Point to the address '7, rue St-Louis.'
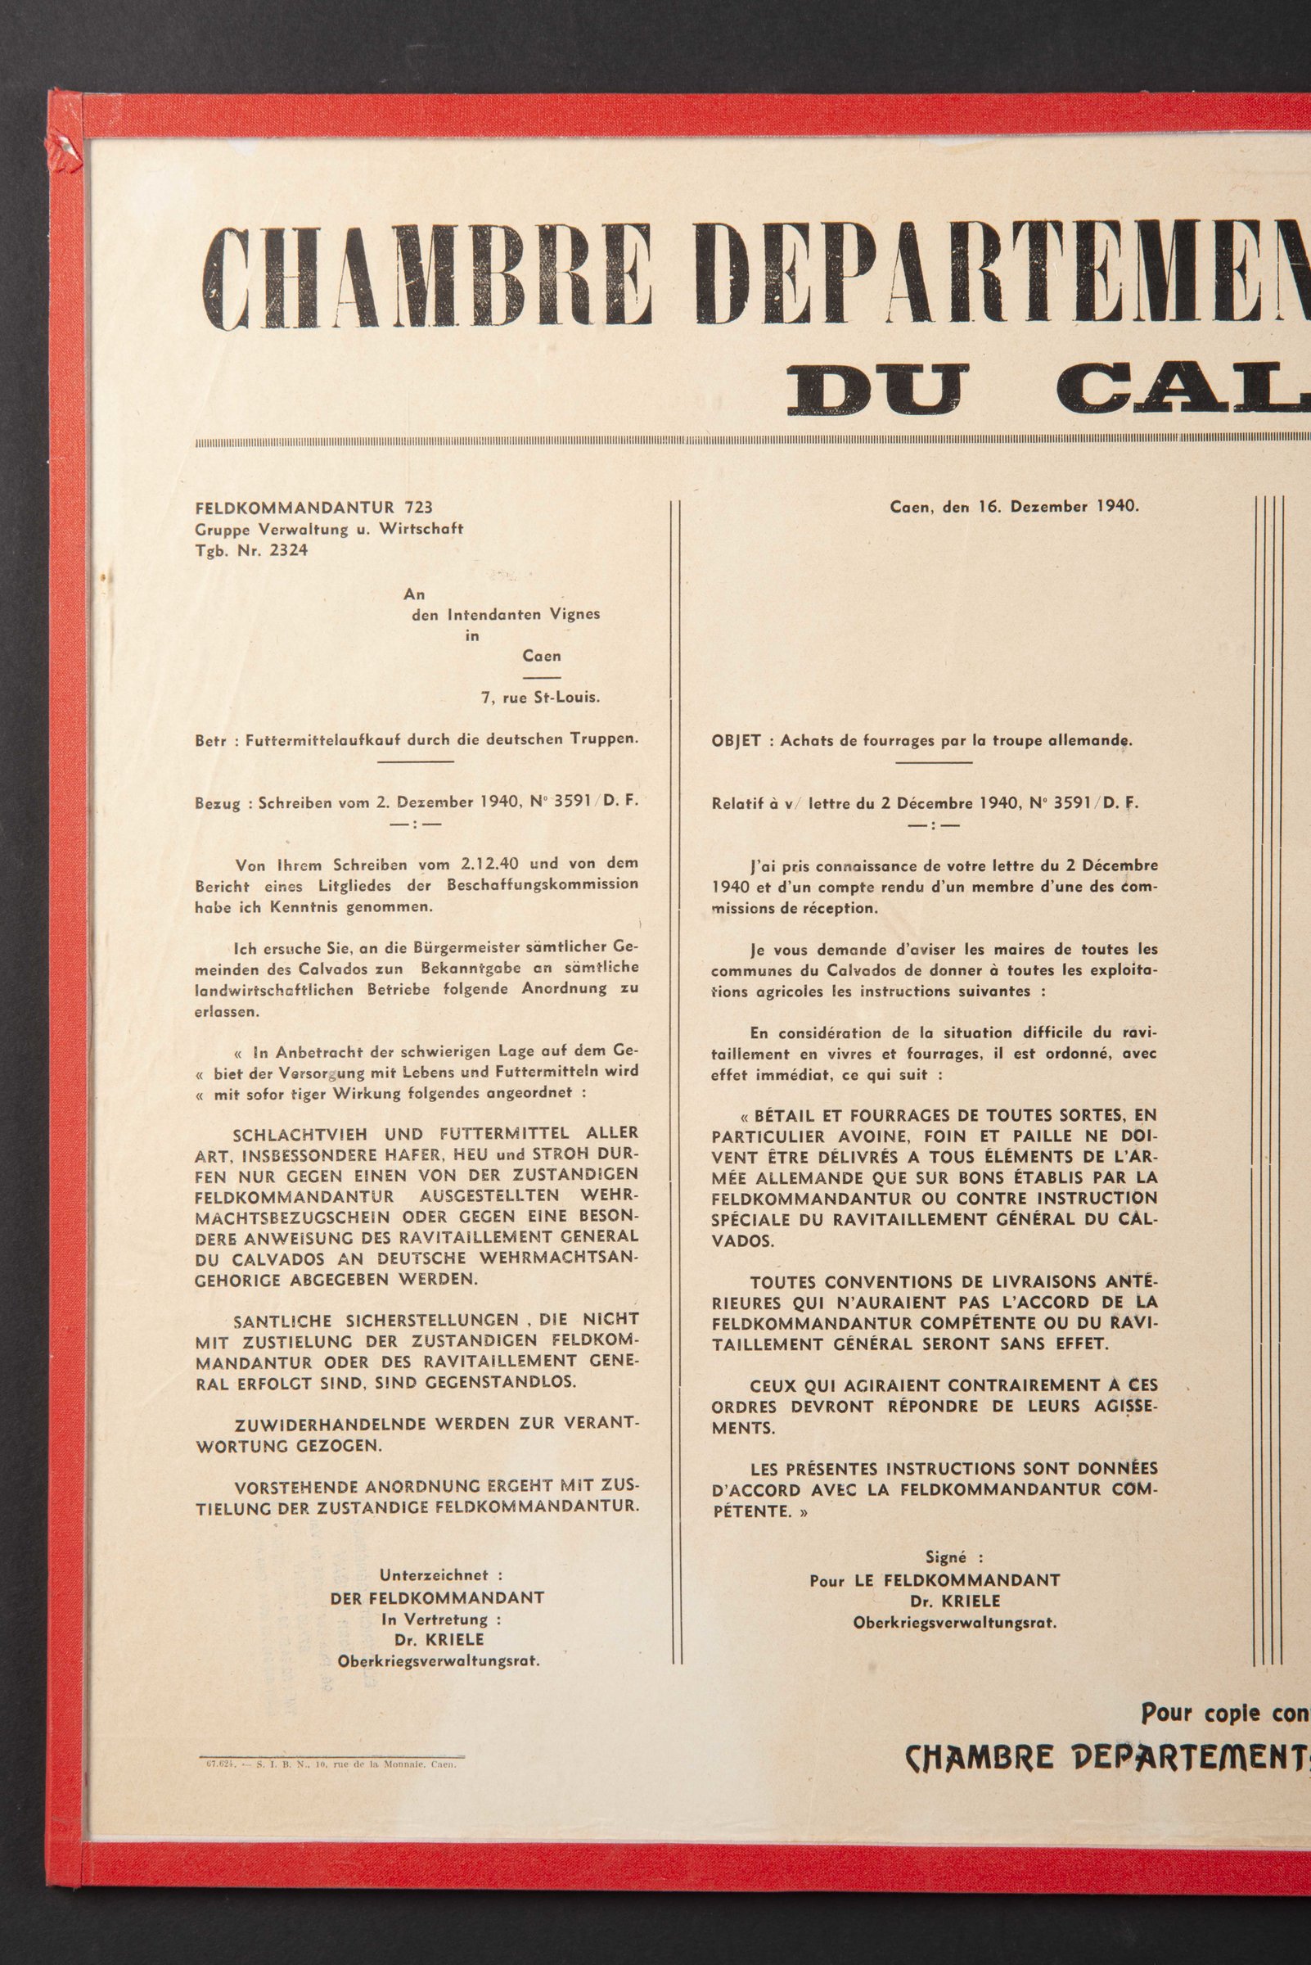[x=540, y=698]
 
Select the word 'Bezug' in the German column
[x=217, y=802]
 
